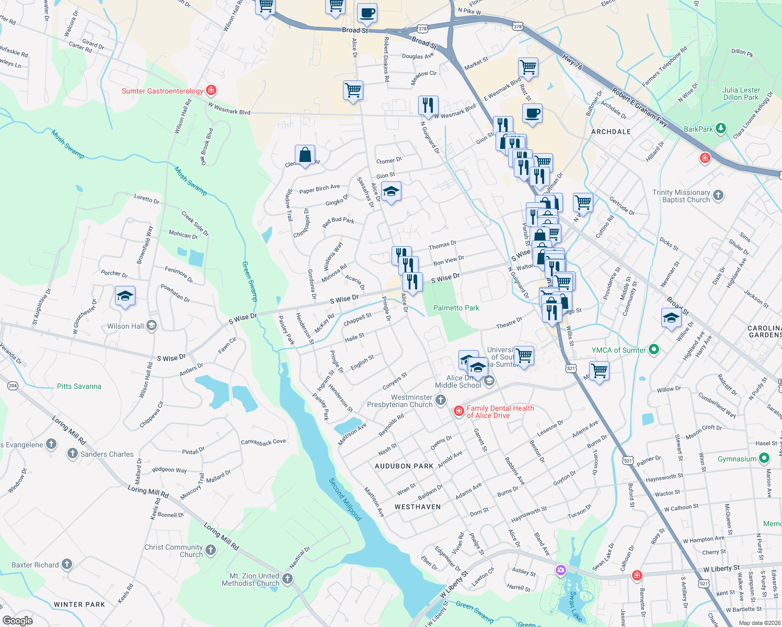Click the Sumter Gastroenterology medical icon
click(211, 90)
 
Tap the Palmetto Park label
click(456, 308)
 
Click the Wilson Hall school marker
click(152, 326)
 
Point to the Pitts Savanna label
click(79, 386)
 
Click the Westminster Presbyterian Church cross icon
click(441, 401)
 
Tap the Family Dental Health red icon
click(459, 411)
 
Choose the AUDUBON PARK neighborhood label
click(404, 466)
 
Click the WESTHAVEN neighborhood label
click(418, 507)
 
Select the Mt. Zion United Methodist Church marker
click(287, 579)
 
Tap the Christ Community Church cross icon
click(211, 550)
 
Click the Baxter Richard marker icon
click(67, 564)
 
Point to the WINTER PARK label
click(79, 605)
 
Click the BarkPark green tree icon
click(721, 128)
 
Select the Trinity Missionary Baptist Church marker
click(718, 195)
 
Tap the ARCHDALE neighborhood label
click(611, 132)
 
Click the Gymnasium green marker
click(764, 458)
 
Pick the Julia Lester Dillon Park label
click(741, 94)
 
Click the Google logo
click(17, 621)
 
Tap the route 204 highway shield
click(13, 386)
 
